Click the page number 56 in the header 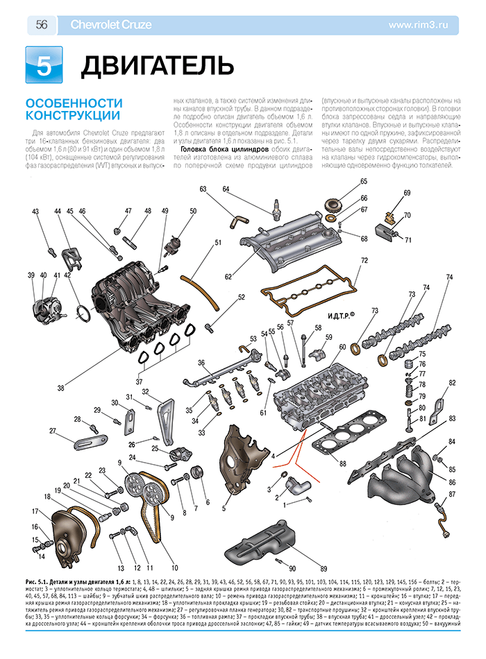pyautogui.click(x=41, y=25)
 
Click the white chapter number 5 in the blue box pyautogui.click(x=43, y=65)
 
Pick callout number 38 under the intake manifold pyautogui.click(x=61, y=387)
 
